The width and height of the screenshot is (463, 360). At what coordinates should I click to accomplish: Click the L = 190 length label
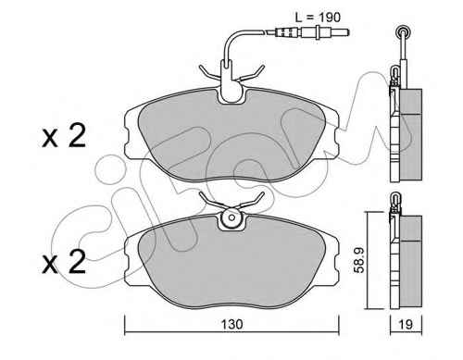pyautogui.click(x=318, y=18)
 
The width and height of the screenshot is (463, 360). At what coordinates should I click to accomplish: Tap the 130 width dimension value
pyautogui.click(x=232, y=324)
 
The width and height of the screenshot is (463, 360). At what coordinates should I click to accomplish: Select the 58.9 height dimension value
pyautogui.click(x=359, y=261)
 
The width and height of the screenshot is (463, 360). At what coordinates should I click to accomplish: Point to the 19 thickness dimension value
pyautogui.click(x=406, y=324)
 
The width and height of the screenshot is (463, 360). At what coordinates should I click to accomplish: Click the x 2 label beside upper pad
pyautogui.click(x=64, y=136)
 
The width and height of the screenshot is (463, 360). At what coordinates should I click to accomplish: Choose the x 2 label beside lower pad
pyautogui.click(x=64, y=262)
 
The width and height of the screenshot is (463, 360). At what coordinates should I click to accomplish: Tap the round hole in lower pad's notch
pyautogui.click(x=231, y=217)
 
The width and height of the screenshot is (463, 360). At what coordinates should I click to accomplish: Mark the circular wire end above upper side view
pyautogui.click(x=402, y=31)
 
